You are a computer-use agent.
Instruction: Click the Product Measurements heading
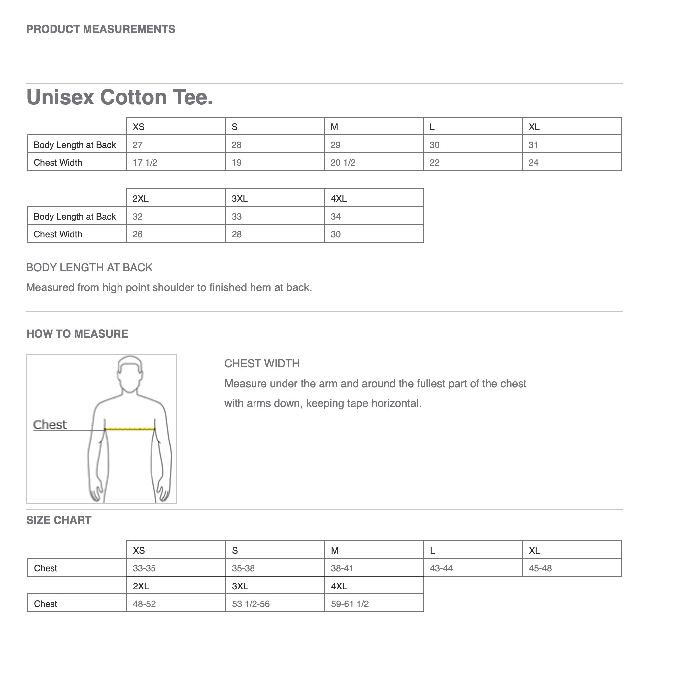(x=101, y=29)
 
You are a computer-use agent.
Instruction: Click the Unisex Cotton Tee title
(x=120, y=97)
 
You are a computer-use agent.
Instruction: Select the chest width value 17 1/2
(x=145, y=163)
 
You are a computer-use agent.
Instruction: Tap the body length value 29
(x=336, y=145)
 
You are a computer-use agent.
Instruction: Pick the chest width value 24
(x=534, y=163)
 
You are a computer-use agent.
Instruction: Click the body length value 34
(x=336, y=217)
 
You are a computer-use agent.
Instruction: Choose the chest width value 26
(x=138, y=234)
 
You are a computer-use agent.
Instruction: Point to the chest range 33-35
(x=144, y=568)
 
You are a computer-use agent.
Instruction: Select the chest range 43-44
(x=441, y=568)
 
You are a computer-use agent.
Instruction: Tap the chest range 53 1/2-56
(x=251, y=604)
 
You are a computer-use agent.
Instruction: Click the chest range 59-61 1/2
(x=350, y=604)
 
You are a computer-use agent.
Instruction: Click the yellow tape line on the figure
(x=130, y=429)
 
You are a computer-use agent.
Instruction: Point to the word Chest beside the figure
(x=50, y=425)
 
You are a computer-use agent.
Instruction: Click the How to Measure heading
(x=77, y=334)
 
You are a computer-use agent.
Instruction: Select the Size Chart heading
(x=59, y=520)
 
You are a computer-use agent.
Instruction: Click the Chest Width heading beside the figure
(x=262, y=364)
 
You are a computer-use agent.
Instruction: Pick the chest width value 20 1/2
(x=343, y=163)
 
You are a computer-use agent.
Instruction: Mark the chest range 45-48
(x=540, y=568)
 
